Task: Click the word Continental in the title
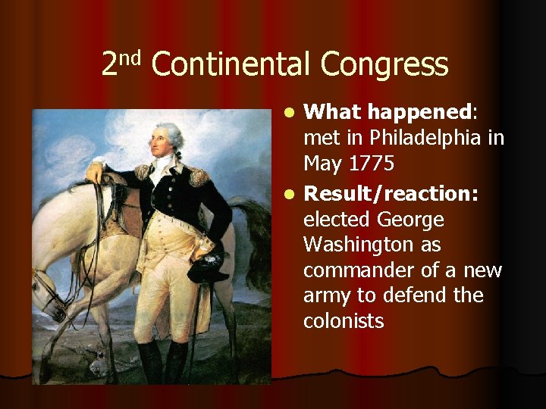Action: [x=231, y=65]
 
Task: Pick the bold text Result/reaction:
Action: [x=391, y=194]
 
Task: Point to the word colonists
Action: [x=344, y=321]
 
